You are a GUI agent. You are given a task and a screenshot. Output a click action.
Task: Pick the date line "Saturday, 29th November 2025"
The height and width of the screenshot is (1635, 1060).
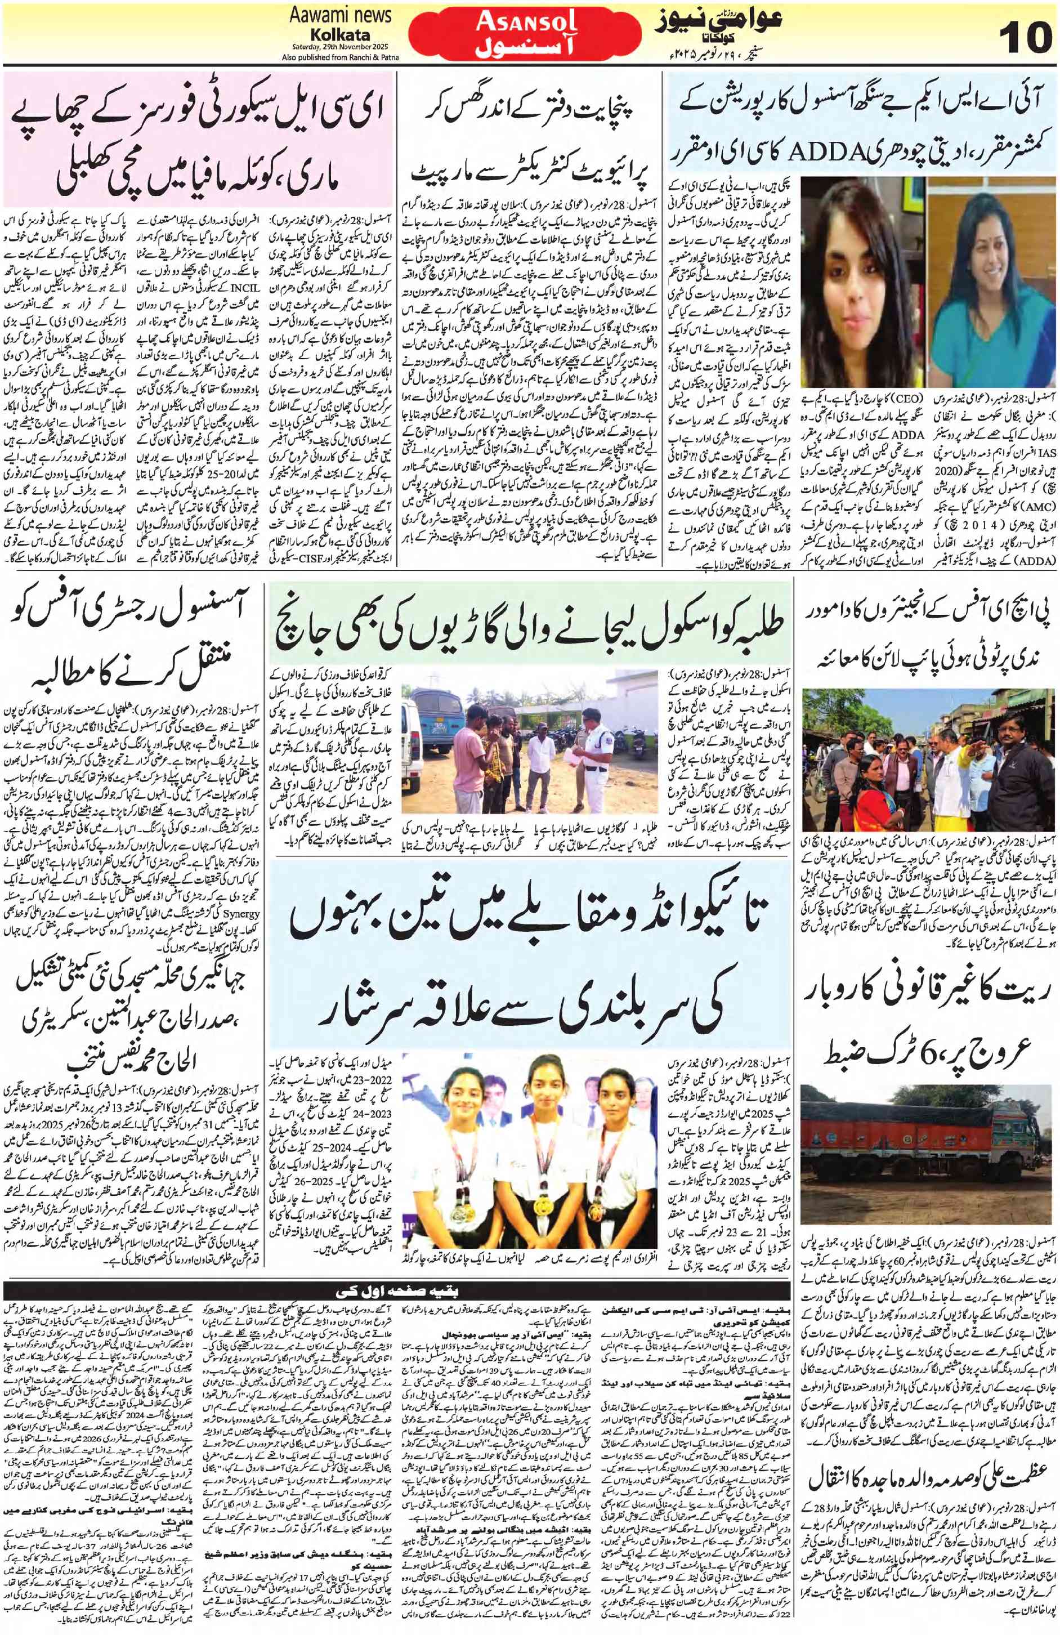pos(339,47)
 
